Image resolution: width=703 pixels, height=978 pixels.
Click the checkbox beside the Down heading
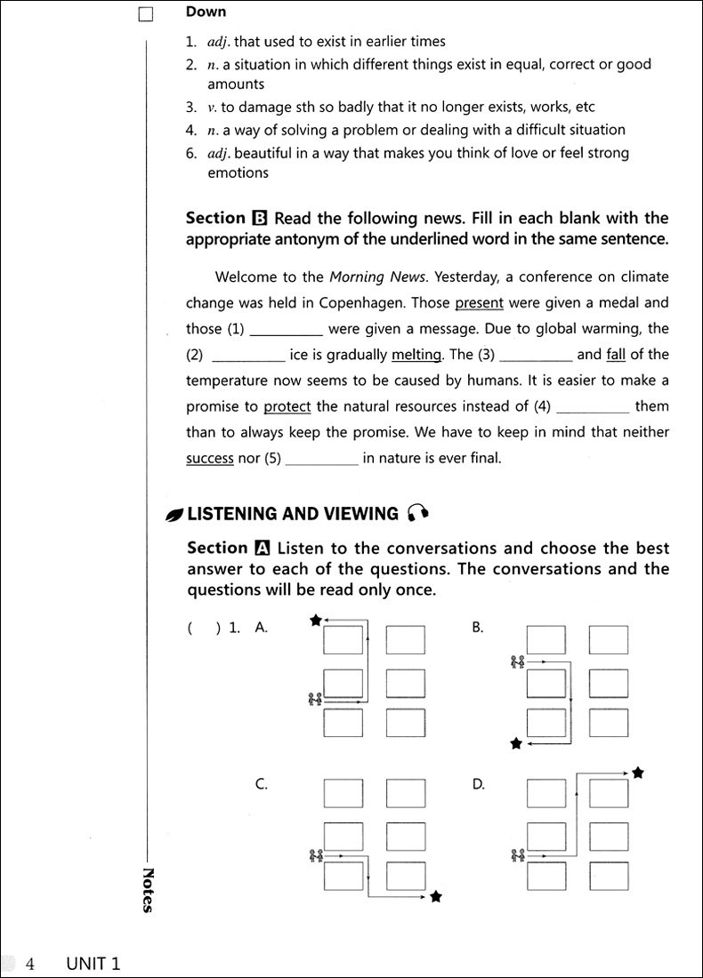pos(147,14)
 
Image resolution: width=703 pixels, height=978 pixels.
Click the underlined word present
pos(479,302)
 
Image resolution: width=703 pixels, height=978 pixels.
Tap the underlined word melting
pos(416,354)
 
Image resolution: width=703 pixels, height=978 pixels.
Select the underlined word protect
pos(287,406)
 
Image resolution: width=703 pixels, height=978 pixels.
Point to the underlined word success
pos(209,459)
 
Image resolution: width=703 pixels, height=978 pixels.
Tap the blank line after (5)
pos(322,460)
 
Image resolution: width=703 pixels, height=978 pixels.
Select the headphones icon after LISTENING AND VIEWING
pos(417,513)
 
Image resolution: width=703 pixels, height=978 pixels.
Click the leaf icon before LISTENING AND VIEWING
pos(174,514)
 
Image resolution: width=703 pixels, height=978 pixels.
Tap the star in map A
pos(315,621)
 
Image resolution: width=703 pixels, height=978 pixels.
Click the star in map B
pos(515,743)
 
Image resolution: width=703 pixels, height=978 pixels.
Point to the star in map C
pos(435,897)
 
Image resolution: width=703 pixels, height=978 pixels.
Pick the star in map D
pos(637,774)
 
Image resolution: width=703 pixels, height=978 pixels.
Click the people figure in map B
pos(517,661)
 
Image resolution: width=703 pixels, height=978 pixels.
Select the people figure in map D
pos(517,855)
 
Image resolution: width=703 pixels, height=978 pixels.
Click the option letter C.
pos(262,784)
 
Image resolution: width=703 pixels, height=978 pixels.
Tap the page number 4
pos(30,964)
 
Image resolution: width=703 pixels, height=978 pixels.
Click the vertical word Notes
pos(148,890)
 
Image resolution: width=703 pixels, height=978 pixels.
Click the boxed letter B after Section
pos(259,219)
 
